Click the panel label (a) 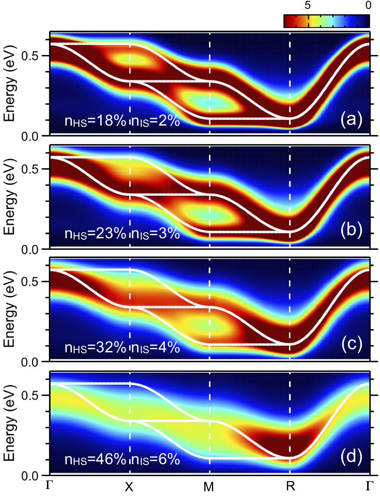click(x=351, y=119)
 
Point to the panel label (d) click(x=351, y=457)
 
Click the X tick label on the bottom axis click(x=129, y=487)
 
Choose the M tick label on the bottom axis click(x=210, y=487)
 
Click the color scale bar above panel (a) click(x=326, y=21)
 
